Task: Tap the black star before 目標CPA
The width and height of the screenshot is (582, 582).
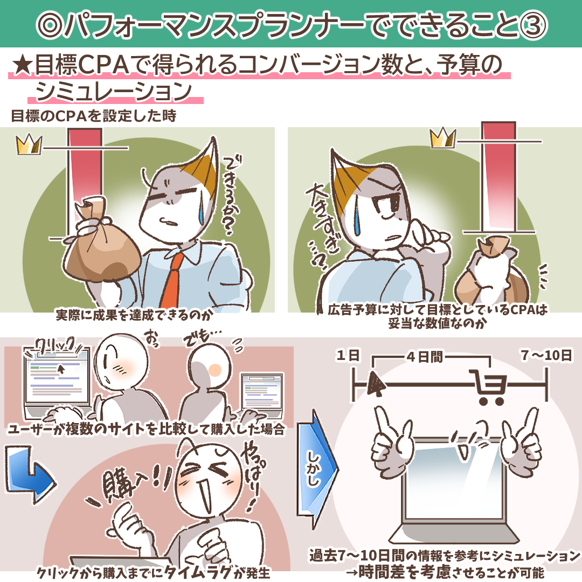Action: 22,65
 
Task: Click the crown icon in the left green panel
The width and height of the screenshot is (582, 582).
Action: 29,145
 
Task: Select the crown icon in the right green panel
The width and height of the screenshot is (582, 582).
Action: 443,138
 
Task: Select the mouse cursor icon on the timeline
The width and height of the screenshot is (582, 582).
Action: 376,384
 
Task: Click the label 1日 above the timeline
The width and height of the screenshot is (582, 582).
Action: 348,356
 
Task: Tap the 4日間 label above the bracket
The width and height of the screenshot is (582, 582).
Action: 425,357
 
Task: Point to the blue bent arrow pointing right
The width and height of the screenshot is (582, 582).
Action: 30,475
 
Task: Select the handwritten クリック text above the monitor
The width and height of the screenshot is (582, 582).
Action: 56,347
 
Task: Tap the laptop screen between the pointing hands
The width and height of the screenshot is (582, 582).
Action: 456,482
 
